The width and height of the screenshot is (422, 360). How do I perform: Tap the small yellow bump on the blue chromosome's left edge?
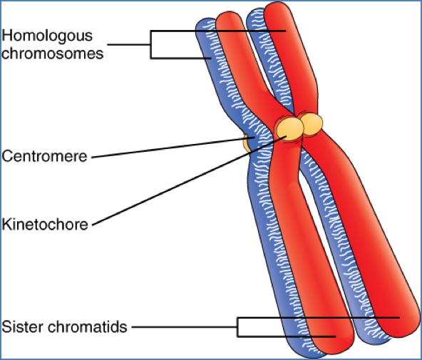[247, 143]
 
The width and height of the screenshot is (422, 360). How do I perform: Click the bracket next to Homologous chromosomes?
[151, 44]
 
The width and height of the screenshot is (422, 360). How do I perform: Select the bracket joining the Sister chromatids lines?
[238, 326]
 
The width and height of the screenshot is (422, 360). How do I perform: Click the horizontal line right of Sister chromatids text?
[184, 327]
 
